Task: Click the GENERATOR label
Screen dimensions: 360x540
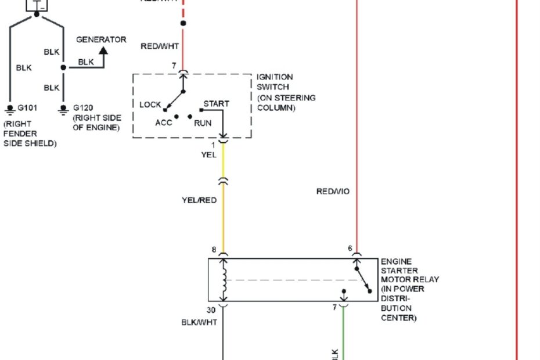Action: coord(101,39)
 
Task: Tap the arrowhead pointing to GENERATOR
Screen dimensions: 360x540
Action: coord(103,51)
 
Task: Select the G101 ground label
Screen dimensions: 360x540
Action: coord(27,108)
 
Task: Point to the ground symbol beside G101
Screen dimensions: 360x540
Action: coord(9,109)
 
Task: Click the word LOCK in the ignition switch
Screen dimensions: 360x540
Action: coord(150,105)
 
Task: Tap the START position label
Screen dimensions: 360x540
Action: coord(216,103)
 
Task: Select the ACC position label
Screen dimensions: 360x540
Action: coord(164,123)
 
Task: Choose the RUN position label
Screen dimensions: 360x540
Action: coord(203,123)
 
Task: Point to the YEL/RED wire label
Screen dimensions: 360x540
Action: coord(199,200)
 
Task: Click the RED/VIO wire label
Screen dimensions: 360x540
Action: coord(333,191)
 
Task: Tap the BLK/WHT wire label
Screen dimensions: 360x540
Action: coord(199,322)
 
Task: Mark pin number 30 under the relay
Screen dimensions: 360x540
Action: coord(211,311)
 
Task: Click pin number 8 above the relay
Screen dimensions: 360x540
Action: coord(214,250)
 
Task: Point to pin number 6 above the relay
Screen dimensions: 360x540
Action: coord(350,249)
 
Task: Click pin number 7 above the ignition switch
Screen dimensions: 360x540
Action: coord(174,66)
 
